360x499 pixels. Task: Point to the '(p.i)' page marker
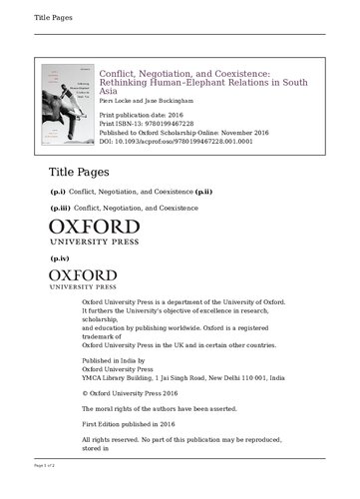coord(58,190)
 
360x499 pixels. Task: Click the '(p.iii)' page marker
coord(60,208)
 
